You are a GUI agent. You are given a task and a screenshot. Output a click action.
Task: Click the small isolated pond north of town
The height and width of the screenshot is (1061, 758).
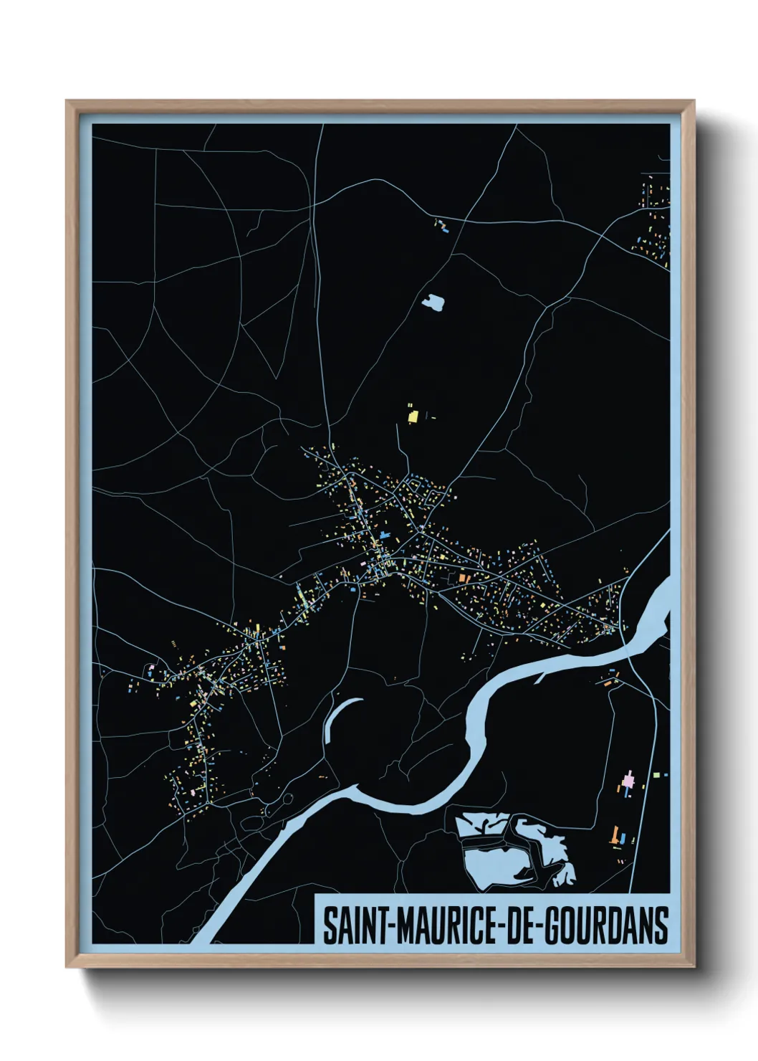coord(433,302)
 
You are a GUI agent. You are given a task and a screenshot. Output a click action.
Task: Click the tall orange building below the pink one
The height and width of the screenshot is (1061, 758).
coord(614,834)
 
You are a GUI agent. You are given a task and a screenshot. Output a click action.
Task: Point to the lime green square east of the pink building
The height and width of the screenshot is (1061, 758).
coord(657,774)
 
